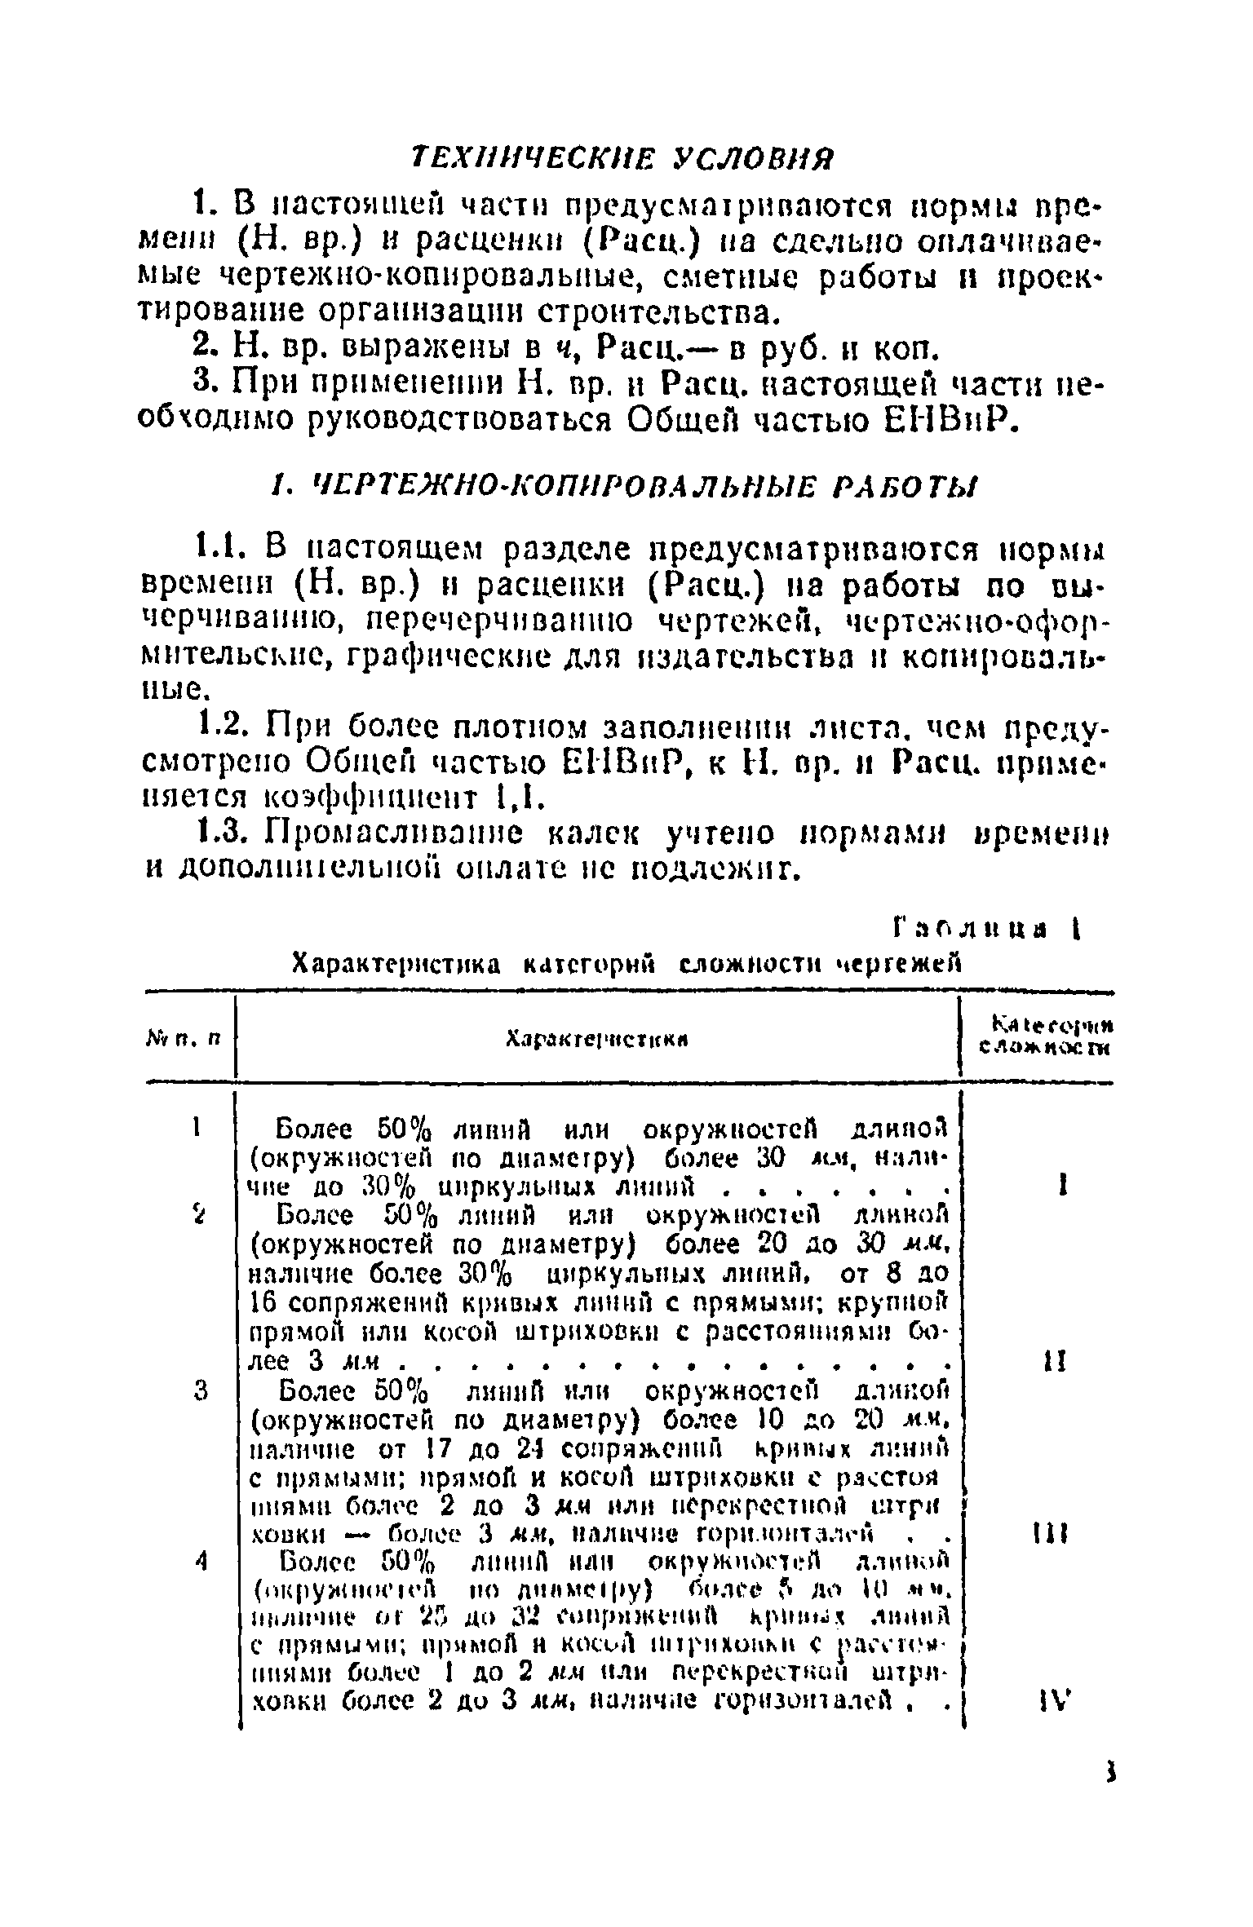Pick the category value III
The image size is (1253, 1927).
coord(1056,1533)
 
